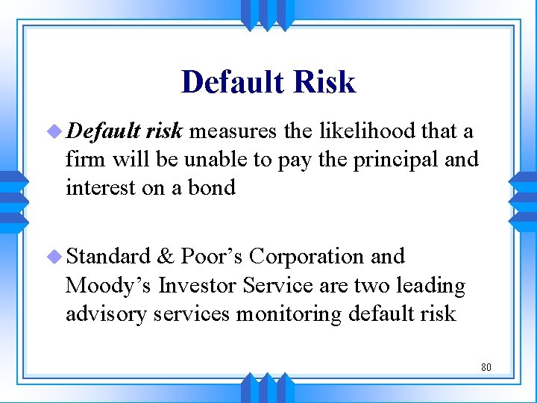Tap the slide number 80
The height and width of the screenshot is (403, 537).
click(x=486, y=367)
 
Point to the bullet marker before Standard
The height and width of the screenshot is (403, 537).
click(x=57, y=257)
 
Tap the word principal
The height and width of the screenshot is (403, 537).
click(x=393, y=160)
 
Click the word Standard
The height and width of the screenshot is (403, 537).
click(x=108, y=256)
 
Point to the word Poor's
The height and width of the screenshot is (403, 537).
click(x=212, y=256)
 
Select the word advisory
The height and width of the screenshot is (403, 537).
click(x=106, y=313)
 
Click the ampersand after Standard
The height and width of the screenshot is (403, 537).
click(x=166, y=256)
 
